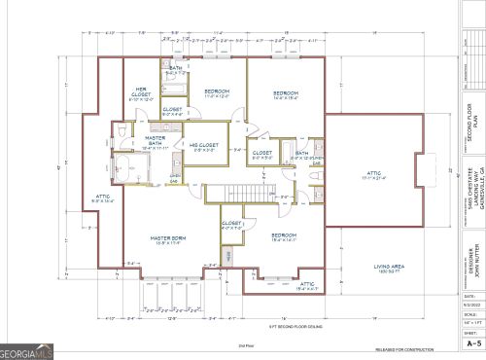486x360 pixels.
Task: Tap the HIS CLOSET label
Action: (204, 147)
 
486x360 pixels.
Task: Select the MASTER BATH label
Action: (154, 144)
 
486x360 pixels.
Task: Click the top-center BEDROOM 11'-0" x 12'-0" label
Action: (216, 93)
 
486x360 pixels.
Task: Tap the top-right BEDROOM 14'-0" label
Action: (285, 95)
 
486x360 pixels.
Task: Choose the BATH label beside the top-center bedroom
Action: (176, 69)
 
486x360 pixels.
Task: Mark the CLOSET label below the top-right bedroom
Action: (262, 154)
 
